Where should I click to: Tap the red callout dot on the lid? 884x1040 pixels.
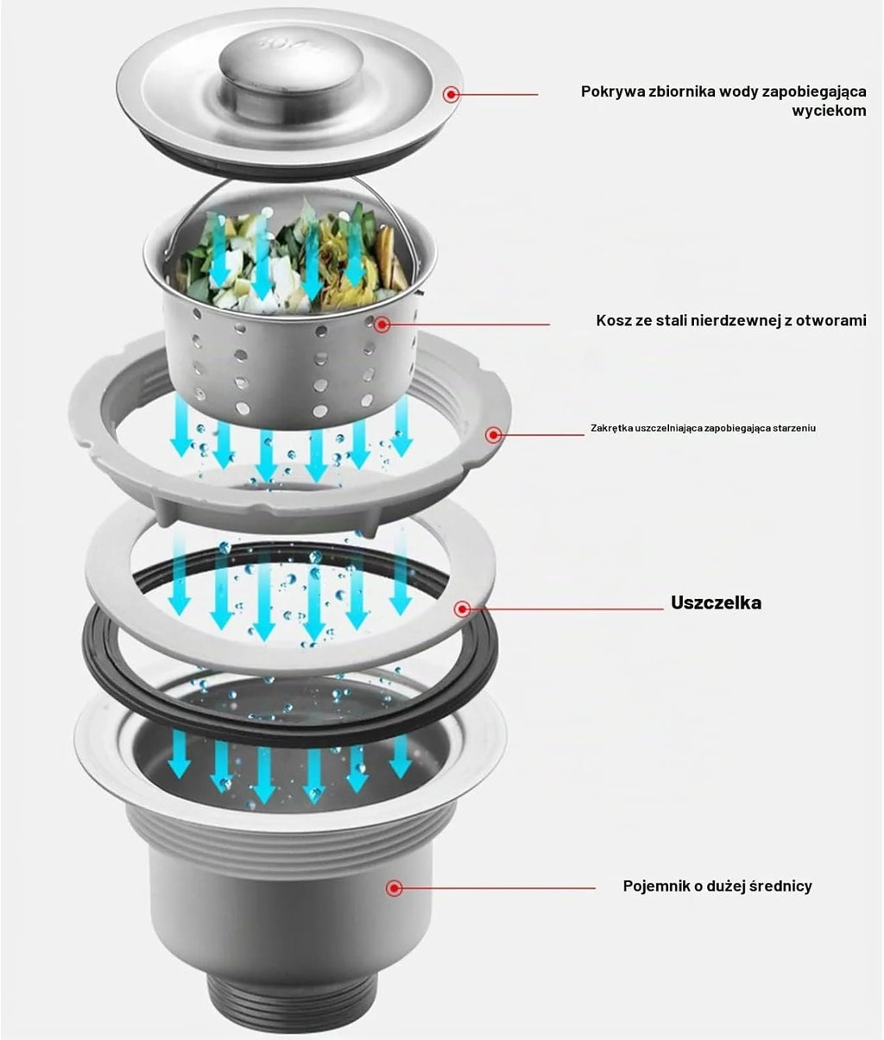pyautogui.click(x=451, y=94)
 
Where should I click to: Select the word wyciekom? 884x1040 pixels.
pyautogui.click(x=829, y=110)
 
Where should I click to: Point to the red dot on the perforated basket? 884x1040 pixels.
pyautogui.click(x=382, y=325)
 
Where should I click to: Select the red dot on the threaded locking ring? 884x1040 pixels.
pyautogui.click(x=495, y=435)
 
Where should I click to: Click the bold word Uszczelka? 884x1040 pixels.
pyautogui.click(x=716, y=602)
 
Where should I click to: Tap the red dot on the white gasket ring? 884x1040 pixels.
pyautogui.click(x=462, y=609)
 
